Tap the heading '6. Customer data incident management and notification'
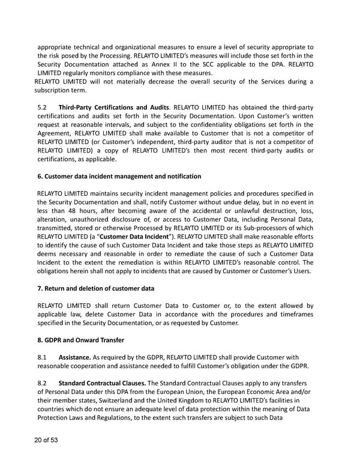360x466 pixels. click(119, 177)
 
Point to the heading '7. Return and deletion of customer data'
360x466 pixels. click(96, 289)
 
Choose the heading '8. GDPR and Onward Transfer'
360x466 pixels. click(80, 340)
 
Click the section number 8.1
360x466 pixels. click(43, 358)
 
